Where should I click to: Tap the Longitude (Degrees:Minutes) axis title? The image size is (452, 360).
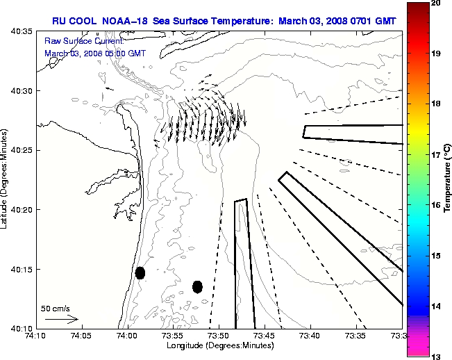point(219,345)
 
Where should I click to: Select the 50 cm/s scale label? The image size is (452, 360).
point(56,309)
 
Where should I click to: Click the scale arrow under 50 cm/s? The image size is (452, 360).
point(61,319)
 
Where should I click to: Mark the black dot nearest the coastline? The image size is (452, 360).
point(140,272)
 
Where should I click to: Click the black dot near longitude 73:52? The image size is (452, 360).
point(197,286)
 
